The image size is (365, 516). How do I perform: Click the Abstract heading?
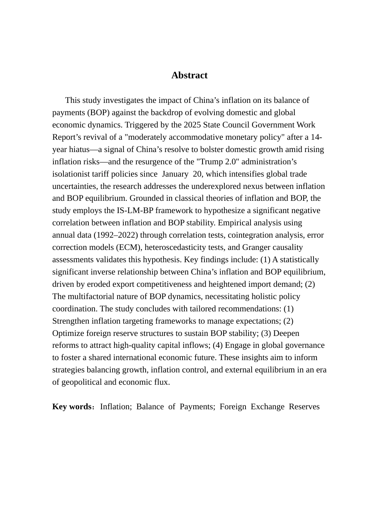point(189,75)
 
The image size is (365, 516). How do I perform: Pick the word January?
point(175,174)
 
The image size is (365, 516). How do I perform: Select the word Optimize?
point(68,333)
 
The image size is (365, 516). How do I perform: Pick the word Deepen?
point(286,333)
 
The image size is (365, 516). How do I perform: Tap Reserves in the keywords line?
point(304,407)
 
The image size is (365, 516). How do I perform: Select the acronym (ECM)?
point(129,247)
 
